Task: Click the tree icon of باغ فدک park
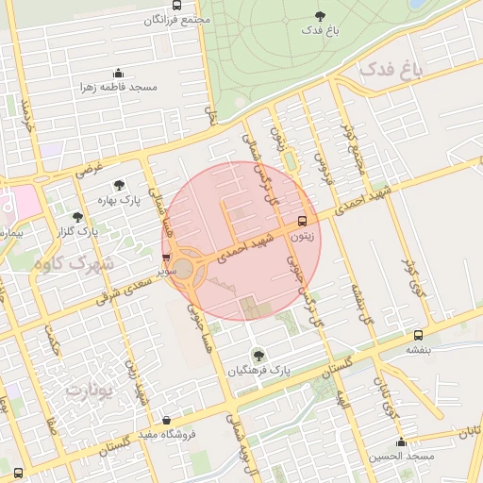pyautogui.click(x=320, y=15)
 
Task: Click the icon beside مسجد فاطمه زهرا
pyautogui.click(x=118, y=74)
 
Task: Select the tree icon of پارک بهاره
pyautogui.click(x=118, y=186)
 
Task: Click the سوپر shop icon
pyautogui.click(x=167, y=256)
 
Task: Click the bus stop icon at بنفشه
pyautogui.click(x=417, y=335)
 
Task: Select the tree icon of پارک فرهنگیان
pyautogui.click(x=258, y=356)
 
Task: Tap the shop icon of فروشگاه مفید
pyautogui.click(x=167, y=420)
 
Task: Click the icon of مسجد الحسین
pyautogui.click(x=402, y=442)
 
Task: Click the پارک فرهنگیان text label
pyautogui.click(x=258, y=372)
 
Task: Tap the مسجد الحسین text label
pyautogui.click(x=403, y=457)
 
